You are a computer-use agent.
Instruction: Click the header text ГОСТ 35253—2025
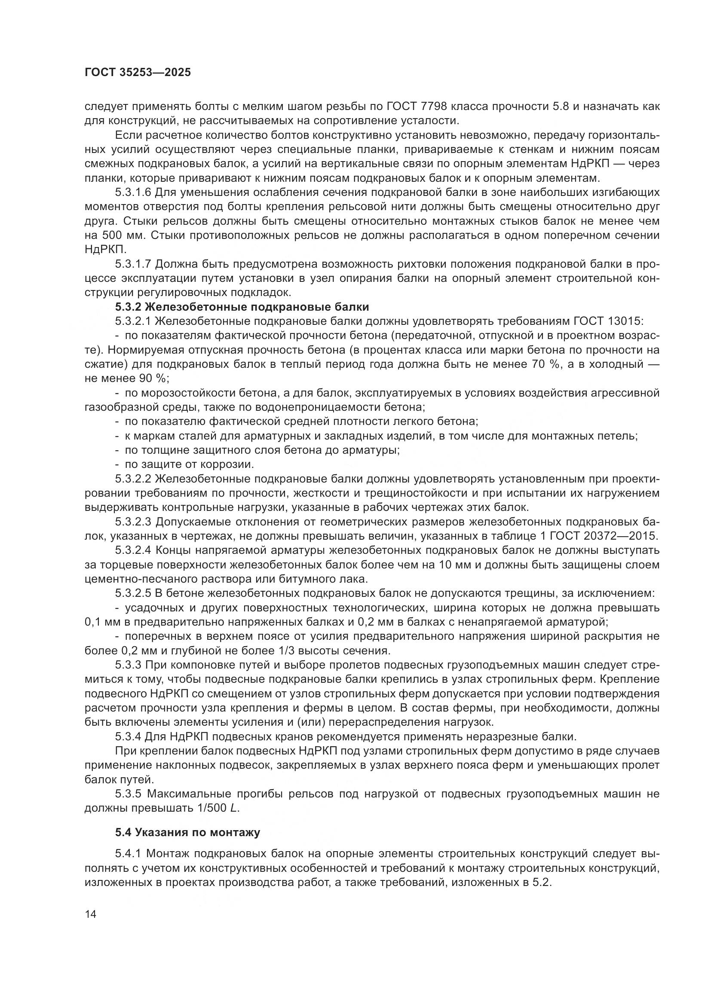pyautogui.click(x=138, y=73)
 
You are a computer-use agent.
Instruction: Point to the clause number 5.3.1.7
pyautogui.click(x=133, y=264)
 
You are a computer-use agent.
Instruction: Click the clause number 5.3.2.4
pyautogui.click(x=133, y=550)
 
